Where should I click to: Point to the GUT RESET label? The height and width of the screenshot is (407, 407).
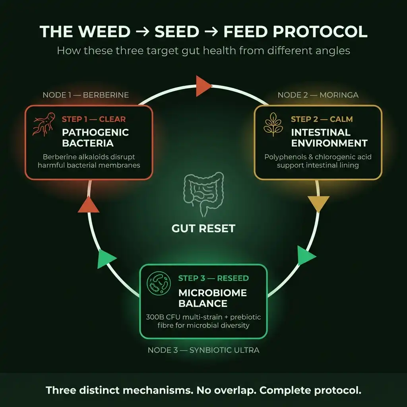[203, 229]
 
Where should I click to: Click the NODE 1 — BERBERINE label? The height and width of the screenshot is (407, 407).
[85, 95]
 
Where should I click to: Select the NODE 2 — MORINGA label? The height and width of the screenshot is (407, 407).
[318, 95]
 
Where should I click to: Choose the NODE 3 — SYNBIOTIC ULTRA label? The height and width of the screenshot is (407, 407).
[203, 350]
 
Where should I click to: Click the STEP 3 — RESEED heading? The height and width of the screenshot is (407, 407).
[213, 278]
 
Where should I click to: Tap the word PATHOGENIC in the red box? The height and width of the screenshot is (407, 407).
[95, 132]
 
